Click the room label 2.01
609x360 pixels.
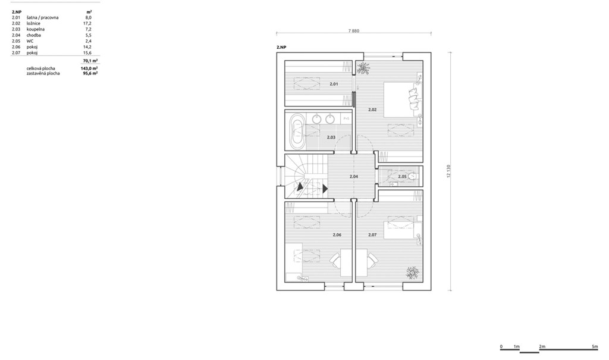[x=334, y=84]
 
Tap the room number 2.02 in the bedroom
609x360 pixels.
[x=372, y=109]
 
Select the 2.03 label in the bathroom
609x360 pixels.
[x=331, y=137]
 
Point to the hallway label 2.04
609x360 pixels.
[x=353, y=177]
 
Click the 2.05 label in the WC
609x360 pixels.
[x=402, y=177]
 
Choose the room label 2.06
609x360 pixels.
[x=337, y=235]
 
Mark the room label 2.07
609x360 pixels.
[x=372, y=235]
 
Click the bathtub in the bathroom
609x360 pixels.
[x=298, y=131]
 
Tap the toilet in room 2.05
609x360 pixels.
[x=413, y=176]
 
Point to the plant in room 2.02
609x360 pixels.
[x=363, y=68]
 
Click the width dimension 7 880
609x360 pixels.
[x=353, y=31]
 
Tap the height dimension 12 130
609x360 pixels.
[x=448, y=171]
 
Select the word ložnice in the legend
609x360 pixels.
[x=33, y=23]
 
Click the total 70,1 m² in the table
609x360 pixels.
[x=90, y=61]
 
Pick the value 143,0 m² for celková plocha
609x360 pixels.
[x=89, y=68]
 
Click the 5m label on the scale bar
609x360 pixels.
[x=595, y=346]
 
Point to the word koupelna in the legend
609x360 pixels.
[x=35, y=29]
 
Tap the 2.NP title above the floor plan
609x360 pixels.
[x=281, y=47]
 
